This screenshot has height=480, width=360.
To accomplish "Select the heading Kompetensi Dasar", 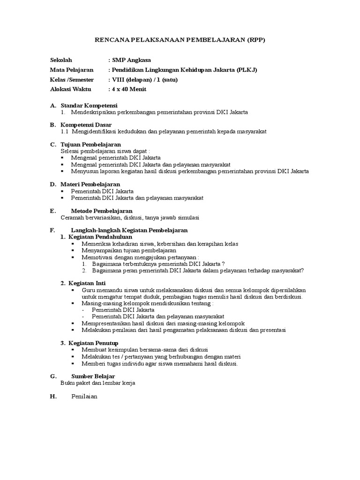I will coord(86,125).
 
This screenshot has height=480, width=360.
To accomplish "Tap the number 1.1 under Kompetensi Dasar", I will coord(65,132).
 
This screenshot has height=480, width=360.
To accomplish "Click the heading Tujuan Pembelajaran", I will coord(91,145).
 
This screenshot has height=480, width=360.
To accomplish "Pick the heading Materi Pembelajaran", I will coord(90,185).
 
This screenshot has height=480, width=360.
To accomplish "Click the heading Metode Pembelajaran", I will coord(101,211).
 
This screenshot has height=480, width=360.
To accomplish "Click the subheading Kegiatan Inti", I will coord(87,283).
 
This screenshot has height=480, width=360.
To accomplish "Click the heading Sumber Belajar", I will coord(93,376).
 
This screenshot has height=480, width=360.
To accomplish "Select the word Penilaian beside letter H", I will coord(84,396).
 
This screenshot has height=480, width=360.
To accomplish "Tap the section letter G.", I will coord(53,376).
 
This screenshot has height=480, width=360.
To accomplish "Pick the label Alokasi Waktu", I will coord(71,90).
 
